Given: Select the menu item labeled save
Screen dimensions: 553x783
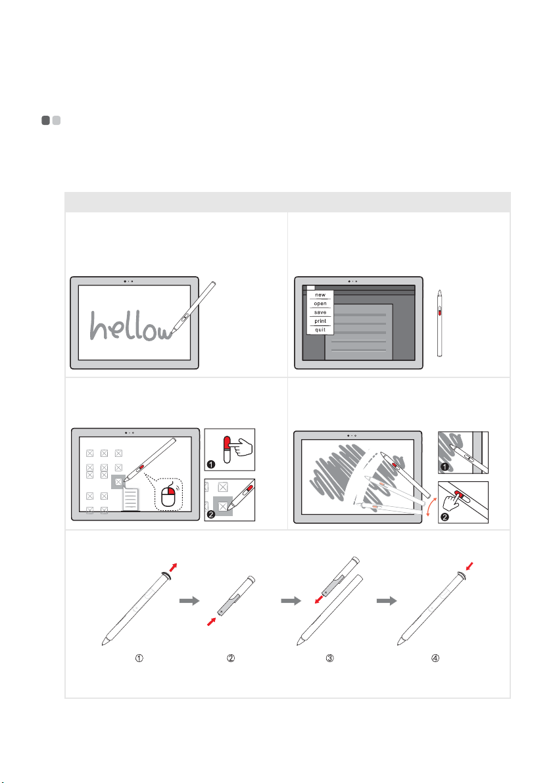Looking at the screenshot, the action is point(320,312).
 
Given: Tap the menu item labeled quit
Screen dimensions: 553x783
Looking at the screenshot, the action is point(320,329).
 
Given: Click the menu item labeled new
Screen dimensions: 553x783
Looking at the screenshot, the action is point(320,295).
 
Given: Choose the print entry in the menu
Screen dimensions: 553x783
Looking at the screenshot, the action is point(320,321).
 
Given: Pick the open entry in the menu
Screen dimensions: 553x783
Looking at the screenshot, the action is point(320,304).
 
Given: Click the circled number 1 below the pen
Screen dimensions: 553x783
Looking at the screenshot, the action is point(139,658).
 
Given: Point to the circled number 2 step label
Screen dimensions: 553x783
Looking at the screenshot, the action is point(231,658).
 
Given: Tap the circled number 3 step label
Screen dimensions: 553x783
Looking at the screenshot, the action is point(329,658).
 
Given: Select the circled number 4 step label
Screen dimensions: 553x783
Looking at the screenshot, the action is point(435,658).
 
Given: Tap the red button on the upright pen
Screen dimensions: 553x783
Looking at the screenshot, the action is point(440,312).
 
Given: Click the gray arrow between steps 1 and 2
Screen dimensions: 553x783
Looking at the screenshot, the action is point(189,601).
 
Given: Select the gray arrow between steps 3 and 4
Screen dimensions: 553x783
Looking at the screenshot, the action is point(387,601).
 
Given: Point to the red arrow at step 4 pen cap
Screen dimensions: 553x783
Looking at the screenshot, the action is point(468,567).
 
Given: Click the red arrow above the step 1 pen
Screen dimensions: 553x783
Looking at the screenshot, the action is point(172,568).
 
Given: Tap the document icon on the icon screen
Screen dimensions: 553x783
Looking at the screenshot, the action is point(130,500).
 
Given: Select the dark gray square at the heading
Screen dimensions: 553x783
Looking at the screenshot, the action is point(45,120).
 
